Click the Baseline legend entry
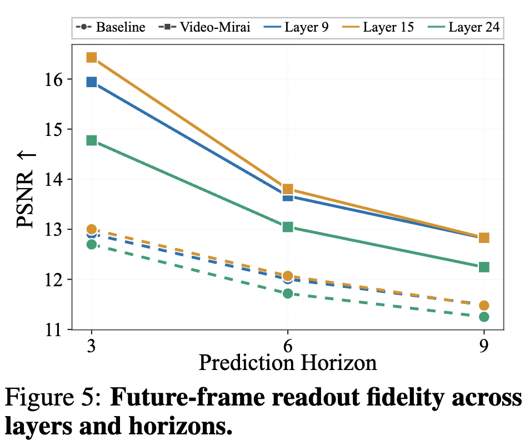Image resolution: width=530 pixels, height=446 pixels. coord(111,27)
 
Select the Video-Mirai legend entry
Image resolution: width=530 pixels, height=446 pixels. coord(204,27)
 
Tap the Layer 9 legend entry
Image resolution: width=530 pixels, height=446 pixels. coord(296,27)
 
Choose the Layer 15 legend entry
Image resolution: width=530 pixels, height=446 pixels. coord(378,27)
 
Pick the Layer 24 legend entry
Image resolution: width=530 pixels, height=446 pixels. coord(463,27)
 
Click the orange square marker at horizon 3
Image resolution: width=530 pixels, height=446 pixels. coord(92,57)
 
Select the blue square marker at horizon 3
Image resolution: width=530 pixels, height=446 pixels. coord(92,82)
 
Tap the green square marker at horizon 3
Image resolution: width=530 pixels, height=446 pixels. coord(92,140)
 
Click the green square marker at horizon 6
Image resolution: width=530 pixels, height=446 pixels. coord(288,227)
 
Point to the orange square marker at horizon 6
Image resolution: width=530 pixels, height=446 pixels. coord(288,189)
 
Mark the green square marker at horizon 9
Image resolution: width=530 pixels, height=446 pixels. coord(484,267)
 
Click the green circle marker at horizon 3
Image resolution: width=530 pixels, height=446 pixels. coord(92,245)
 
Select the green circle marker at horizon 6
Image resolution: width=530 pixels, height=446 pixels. coord(288,293)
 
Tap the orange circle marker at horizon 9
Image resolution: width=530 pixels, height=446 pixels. coord(484,306)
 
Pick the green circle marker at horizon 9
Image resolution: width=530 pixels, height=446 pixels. coord(484,317)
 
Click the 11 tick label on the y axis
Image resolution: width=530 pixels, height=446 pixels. coord(54,330)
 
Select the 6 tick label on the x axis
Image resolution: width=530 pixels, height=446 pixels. coord(288,346)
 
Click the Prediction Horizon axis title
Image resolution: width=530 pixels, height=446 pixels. coord(288,363)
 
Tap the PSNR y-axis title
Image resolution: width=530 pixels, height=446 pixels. coord(26,190)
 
